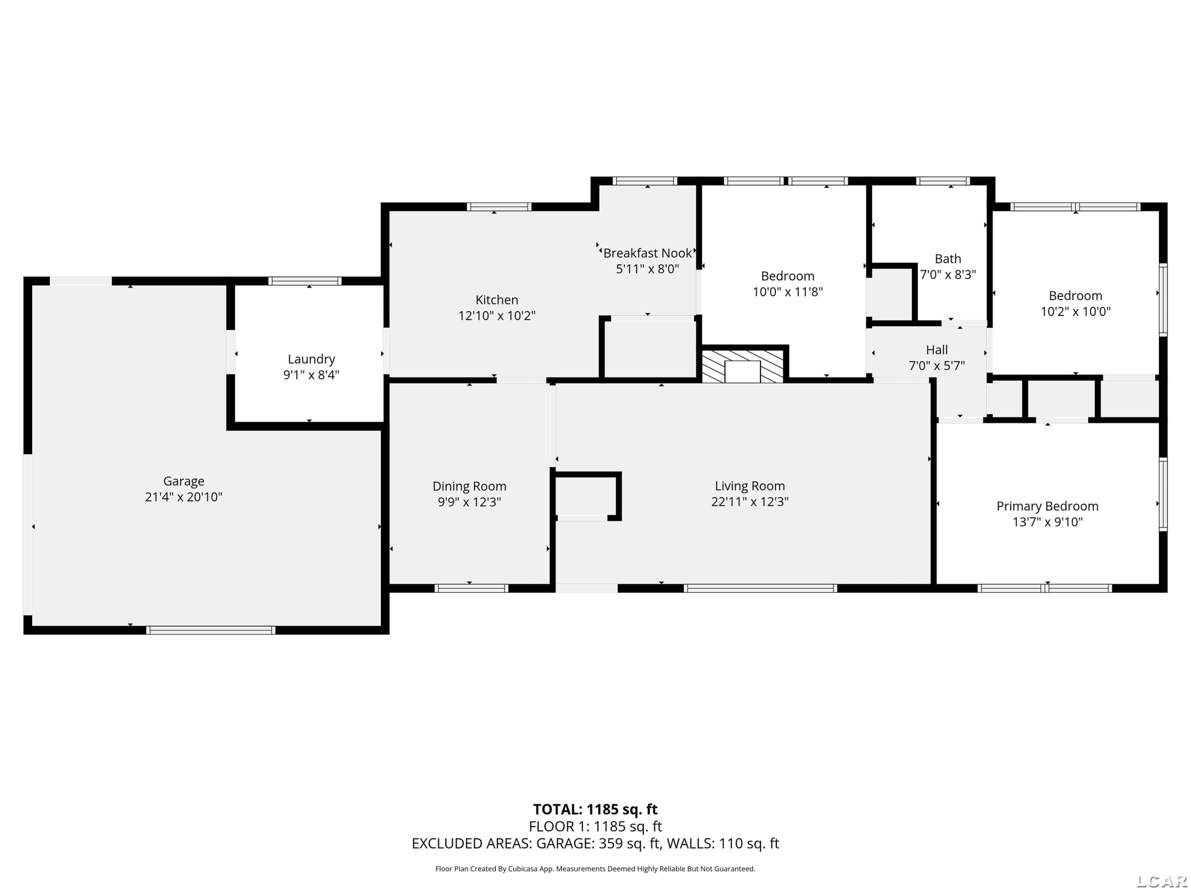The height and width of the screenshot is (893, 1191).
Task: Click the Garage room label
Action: click(183, 481)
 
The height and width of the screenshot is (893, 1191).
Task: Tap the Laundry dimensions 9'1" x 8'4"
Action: click(311, 375)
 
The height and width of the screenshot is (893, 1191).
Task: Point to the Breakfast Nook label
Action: click(647, 253)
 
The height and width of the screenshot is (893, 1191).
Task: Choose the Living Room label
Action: click(750, 486)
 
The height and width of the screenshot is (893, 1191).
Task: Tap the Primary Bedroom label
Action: click(1047, 506)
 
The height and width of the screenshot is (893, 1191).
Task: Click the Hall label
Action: click(937, 350)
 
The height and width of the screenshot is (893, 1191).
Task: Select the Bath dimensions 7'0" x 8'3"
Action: click(948, 275)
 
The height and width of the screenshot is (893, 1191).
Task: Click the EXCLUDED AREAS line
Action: click(595, 843)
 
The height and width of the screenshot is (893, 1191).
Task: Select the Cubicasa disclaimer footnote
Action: click(595, 869)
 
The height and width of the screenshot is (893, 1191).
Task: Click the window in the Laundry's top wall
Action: click(305, 281)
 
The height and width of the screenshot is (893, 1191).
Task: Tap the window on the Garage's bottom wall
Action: click(210, 630)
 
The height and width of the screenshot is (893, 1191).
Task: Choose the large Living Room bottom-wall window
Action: click(760, 588)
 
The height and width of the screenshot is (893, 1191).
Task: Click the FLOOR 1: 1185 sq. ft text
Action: click(595, 827)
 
